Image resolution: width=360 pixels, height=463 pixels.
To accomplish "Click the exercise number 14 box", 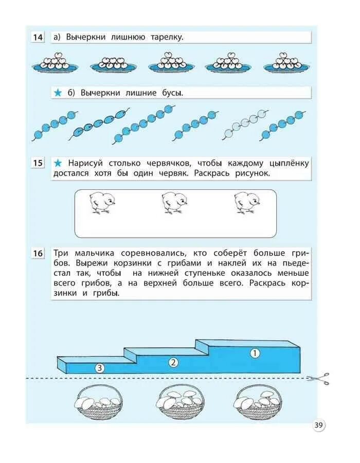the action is [x=38, y=38].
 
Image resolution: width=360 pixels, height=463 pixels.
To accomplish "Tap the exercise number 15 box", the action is [x=38, y=164].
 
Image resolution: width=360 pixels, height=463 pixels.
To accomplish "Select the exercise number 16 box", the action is [x=38, y=254].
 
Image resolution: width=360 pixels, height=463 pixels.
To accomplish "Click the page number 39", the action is [x=319, y=425].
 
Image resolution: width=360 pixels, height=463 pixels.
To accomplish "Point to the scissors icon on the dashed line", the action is [x=318, y=379].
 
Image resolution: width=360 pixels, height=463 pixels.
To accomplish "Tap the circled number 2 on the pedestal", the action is [x=173, y=362].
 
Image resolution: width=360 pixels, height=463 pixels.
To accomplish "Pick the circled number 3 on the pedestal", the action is [x=100, y=367].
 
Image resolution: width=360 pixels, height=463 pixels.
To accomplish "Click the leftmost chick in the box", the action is [x=101, y=202].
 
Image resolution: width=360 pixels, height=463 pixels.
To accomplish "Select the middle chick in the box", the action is [x=173, y=202].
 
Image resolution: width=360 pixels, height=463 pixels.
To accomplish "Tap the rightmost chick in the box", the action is [x=246, y=202].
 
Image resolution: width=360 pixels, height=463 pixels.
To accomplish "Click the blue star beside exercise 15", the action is [x=58, y=164].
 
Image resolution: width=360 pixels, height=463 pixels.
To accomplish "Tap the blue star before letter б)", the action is [x=58, y=93].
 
